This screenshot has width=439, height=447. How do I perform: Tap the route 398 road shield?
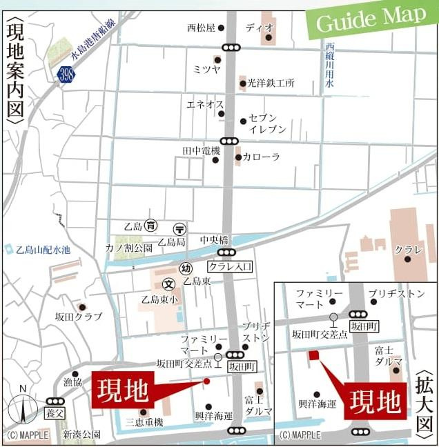(x=66, y=74)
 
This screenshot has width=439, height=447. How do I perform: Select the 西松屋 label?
(x=201, y=28)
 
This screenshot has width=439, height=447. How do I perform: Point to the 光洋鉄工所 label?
(x=271, y=83)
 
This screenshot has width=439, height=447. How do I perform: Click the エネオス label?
(x=204, y=104)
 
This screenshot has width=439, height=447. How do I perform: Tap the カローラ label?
(x=262, y=157)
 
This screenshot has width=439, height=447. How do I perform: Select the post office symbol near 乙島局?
(x=179, y=228)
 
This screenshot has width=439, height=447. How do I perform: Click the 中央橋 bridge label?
(x=213, y=240)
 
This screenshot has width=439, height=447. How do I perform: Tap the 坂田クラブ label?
(x=79, y=317)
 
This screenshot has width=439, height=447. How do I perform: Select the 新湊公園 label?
(x=81, y=435)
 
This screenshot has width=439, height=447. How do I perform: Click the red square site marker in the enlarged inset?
(x=313, y=355)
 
